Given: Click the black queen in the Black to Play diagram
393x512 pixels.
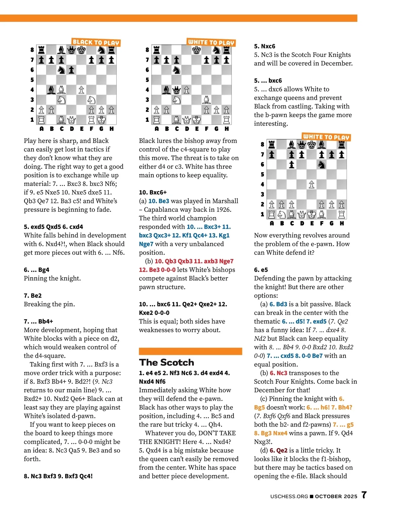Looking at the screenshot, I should [x=71, y=50].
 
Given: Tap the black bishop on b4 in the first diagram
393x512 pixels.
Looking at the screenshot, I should [x=51, y=90].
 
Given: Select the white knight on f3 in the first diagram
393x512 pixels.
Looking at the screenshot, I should [x=91, y=100].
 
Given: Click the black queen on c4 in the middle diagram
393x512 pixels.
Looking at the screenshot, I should [x=177, y=90].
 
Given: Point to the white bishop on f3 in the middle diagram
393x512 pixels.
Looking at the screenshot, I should [x=206, y=100].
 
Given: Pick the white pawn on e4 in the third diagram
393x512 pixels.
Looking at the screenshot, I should [x=311, y=185].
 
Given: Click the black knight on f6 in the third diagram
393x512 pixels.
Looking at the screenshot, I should [x=322, y=165].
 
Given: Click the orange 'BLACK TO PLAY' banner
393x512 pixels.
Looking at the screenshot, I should [x=96, y=42].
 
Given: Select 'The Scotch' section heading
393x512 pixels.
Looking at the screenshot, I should [x=167, y=362].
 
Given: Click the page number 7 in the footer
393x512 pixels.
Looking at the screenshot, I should [x=364, y=495].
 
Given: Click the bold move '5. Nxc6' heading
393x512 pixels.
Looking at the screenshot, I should [x=265, y=46].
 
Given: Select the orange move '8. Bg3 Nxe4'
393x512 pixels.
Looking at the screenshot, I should [x=271, y=433].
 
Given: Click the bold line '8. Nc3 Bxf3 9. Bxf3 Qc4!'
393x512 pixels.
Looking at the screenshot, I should [x=58, y=476].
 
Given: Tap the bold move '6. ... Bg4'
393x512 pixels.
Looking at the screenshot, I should [x=37, y=270].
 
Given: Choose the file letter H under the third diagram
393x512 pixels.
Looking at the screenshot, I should [x=342, y=223].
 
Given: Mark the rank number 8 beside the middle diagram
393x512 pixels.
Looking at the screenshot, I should [x=147, y=50].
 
